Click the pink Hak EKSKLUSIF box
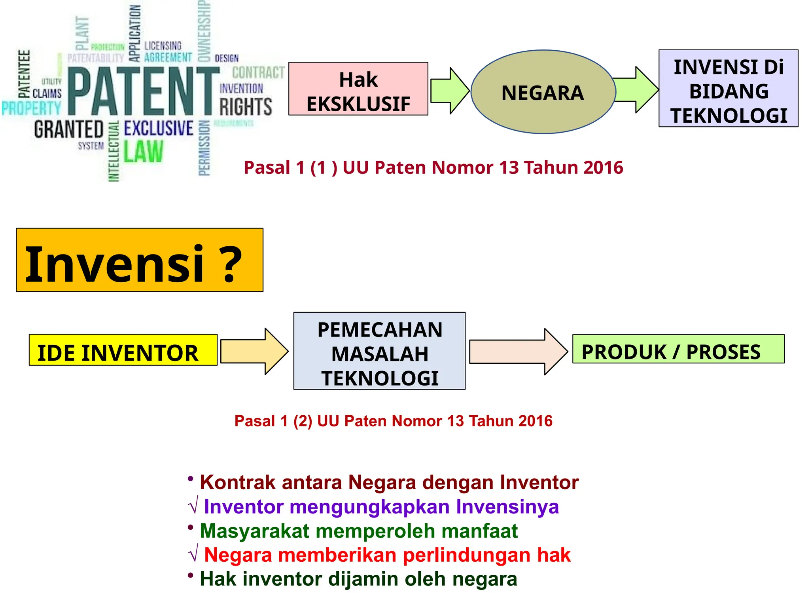click(x=358, y=89)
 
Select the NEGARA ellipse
click(x=543, y=92)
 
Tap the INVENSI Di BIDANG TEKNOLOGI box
click(x=728, y=88)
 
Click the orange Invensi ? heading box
click(x=140, y=260)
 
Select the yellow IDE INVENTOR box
click(x=123, y=350)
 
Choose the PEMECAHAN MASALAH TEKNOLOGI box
click(x=379, y=351)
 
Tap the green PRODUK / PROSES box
click(x=678, y=349)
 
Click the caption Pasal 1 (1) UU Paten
click(x=433, y=167)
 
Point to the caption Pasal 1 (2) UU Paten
click(x=393, y=421)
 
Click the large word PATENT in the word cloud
click(x=143, y=91)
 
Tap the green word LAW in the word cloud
click(x=143, y=152)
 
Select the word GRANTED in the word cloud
click(x=69, y=129)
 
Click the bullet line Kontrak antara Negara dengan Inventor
click(x=389, y=482)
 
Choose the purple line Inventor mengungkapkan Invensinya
click(x=381, y=507)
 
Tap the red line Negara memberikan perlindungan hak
click(x=387, y=555)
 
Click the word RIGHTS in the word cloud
click(x=246, y=107)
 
